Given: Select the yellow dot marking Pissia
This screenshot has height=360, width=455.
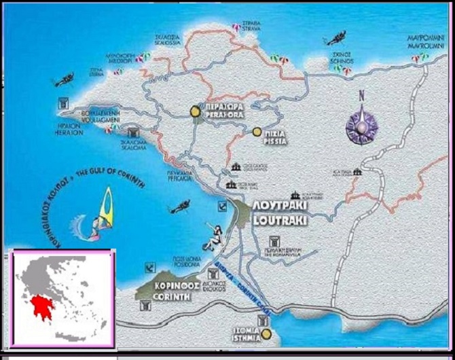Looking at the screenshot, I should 257,132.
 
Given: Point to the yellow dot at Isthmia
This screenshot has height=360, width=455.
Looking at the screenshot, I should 268,334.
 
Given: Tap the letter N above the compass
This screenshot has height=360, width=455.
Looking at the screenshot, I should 362,96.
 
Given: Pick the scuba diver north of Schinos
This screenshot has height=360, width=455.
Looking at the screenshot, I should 337,37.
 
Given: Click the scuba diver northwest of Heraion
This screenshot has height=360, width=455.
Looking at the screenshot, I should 65,80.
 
